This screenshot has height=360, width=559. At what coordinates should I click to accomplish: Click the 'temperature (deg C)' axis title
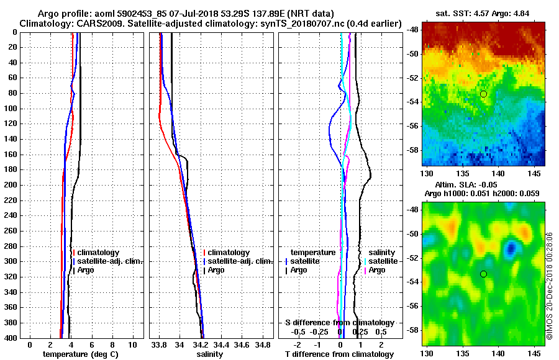point(80,354)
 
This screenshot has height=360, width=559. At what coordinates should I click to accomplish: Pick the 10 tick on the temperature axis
point(132,344)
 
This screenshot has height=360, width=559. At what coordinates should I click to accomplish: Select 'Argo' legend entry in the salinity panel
point(217,270)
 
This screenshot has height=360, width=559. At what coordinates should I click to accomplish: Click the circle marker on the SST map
point(483,94)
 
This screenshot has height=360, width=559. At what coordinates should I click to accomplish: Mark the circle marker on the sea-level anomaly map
point(483,274)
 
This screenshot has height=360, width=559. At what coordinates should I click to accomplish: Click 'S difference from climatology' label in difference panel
point(339,323)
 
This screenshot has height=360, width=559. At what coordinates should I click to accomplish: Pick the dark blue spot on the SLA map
point(511,249)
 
